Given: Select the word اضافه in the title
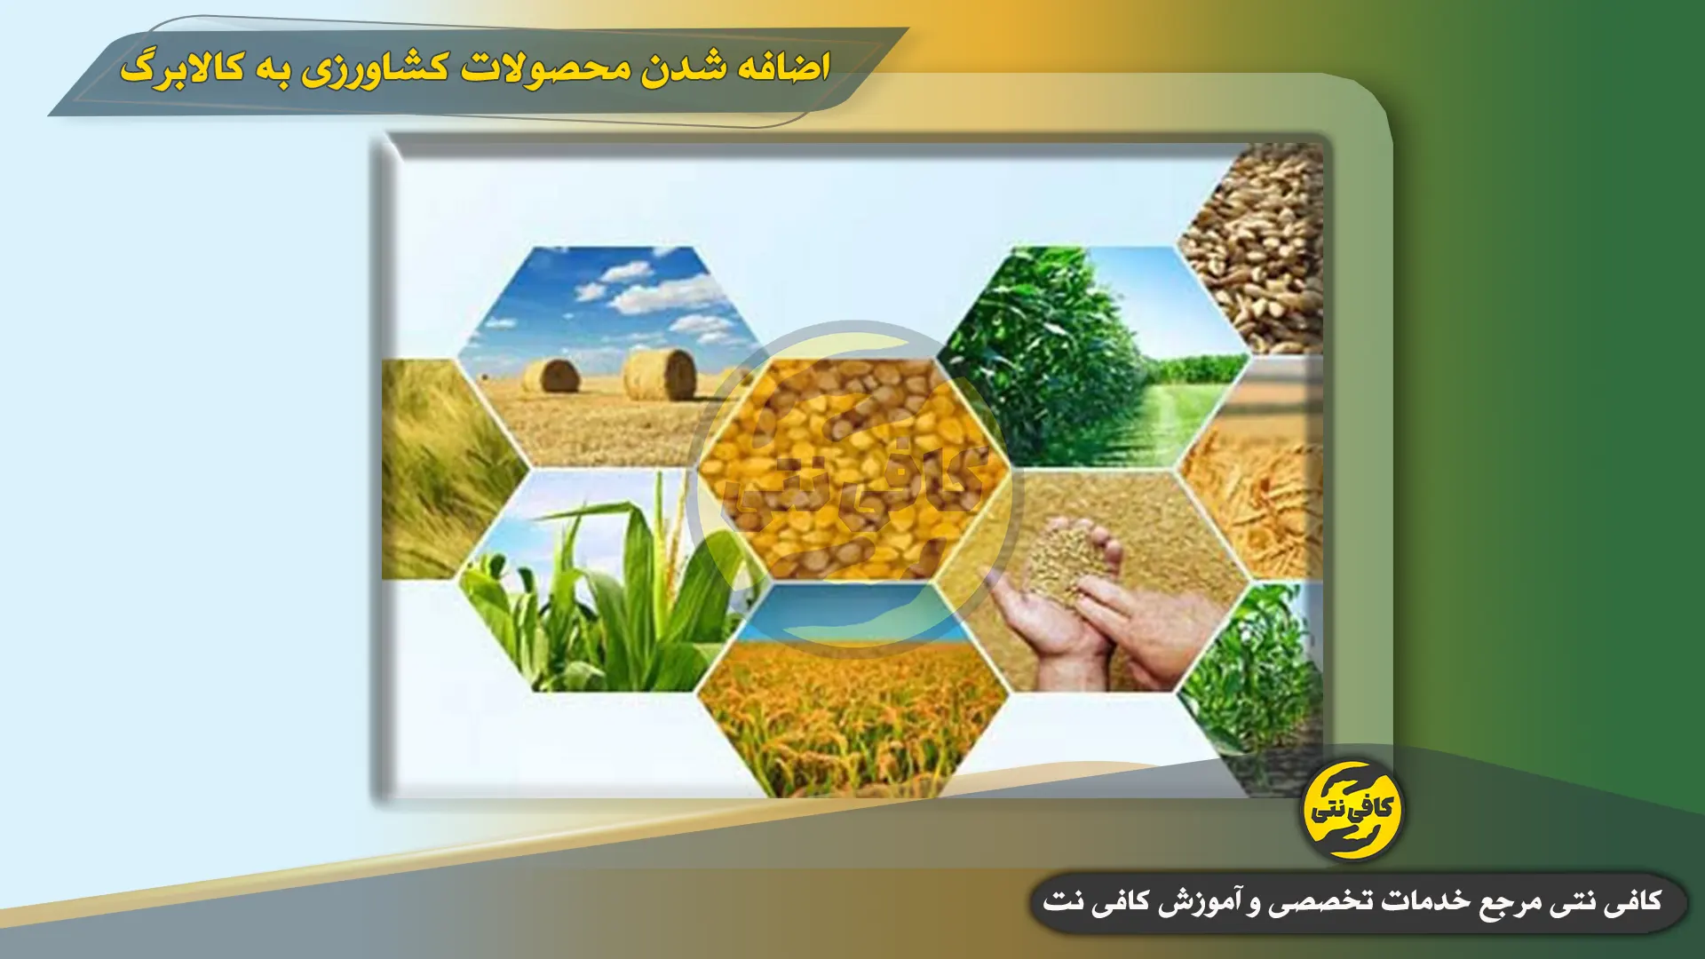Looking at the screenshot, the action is coord(783,67).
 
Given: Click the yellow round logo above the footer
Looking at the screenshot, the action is coord(1352,810).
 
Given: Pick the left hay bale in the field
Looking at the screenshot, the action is coord(551,376).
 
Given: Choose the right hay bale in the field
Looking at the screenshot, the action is coord(659,374).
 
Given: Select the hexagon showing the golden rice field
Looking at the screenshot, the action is coord(853,691).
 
